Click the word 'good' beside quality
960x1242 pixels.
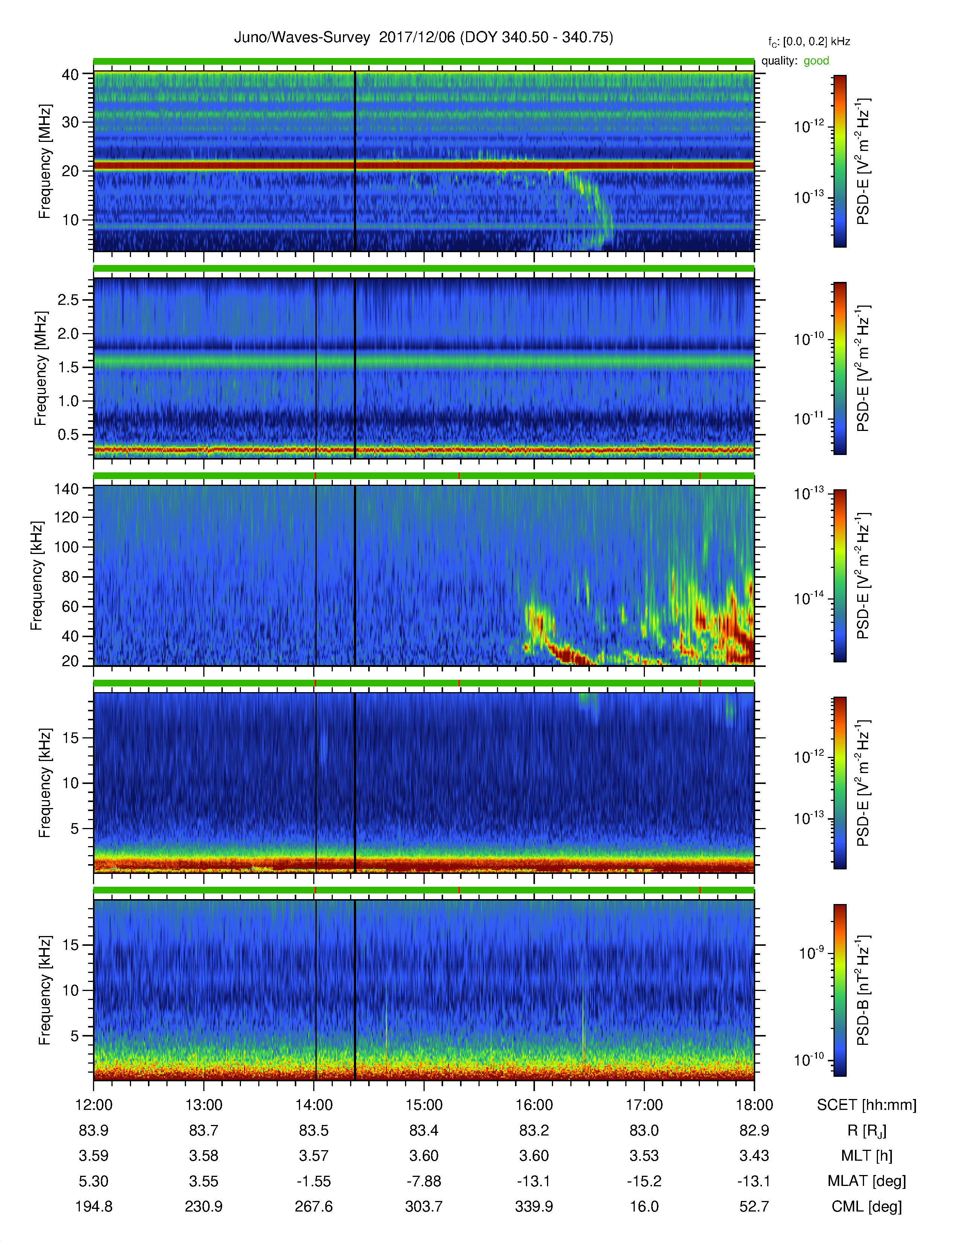[816, 61]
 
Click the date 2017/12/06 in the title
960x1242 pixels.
[418, 38]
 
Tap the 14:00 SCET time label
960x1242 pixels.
[314, 1105]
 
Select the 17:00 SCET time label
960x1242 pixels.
[645, 1105]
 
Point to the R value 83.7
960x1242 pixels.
[204, 1131]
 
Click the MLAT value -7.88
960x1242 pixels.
[424, 1181]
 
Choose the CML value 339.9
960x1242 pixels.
[534, 1206]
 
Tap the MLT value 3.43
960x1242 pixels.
[754, 1155]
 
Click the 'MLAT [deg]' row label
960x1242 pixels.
[867, 1181]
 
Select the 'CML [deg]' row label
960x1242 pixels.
[867, 1206]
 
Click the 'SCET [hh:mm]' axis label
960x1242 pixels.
[867, 1105]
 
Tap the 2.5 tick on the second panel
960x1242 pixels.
[68, 300]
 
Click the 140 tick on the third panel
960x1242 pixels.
[66, 489]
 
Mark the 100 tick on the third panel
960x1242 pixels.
[66, 547]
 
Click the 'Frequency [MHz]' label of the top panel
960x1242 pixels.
[44, 161]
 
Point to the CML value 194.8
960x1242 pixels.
[94, 1206]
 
